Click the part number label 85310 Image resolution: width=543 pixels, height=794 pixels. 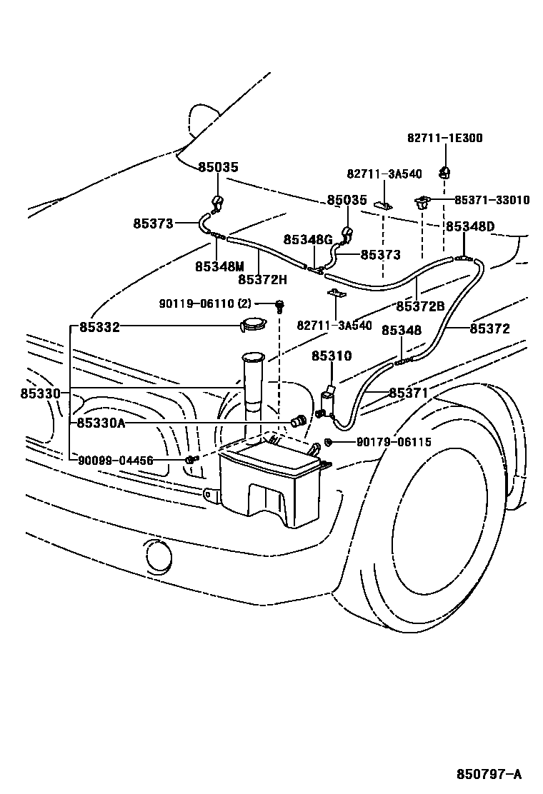coord(332,356)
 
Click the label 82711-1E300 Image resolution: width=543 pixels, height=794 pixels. coord(444,139)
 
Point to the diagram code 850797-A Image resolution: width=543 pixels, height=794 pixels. coord(489,774)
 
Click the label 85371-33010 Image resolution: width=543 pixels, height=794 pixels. coord(492,200)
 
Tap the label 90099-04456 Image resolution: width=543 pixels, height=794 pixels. coord(116,461)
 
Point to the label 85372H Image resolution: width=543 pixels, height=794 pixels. coord(262,279)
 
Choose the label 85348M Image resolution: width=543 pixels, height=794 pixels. coord(219,266)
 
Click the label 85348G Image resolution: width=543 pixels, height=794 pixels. coord(308,240)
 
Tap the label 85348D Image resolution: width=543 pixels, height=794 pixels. coord(469,226)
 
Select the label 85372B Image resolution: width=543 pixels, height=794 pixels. coord(420,306)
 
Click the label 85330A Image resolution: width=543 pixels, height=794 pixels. coord(101,423)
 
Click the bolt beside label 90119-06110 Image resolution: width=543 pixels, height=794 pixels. coord(280,306)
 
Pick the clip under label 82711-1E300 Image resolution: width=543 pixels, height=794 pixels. coord(444,171)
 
